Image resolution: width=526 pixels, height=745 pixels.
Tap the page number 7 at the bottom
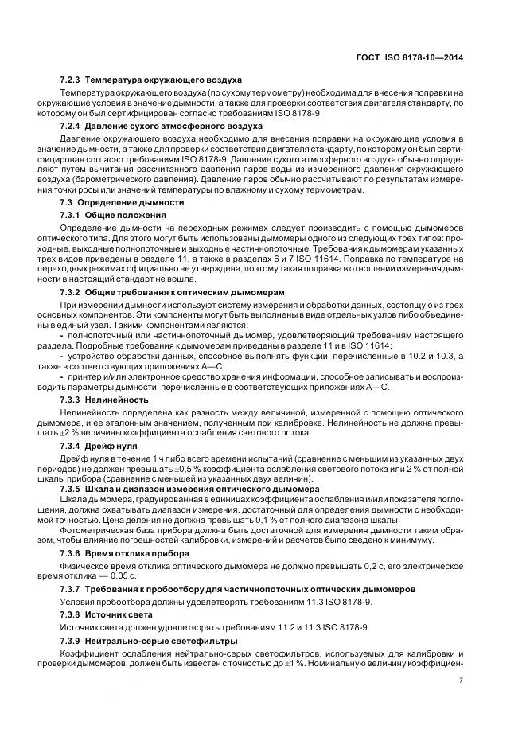(462, 680)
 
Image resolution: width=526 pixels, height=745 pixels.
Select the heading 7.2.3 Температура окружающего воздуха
(151, 81)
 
